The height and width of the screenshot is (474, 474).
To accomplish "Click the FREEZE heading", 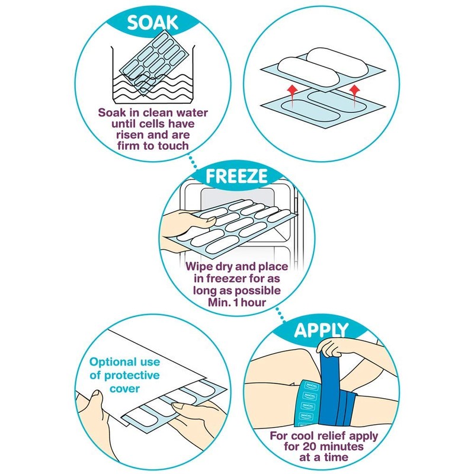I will [x=236, y=176].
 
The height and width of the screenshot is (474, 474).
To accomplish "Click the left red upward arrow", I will [x=291, y=89].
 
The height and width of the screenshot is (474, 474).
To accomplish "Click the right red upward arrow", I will [x=355, y=90].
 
